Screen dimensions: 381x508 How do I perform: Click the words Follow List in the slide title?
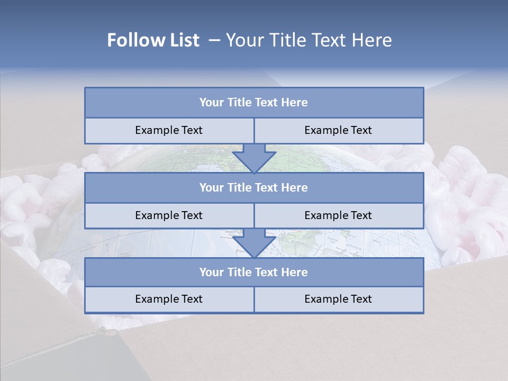pos(153,40)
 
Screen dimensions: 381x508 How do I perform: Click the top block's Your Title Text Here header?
pos(253,103)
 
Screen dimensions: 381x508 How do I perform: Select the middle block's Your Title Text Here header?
pos(253,187)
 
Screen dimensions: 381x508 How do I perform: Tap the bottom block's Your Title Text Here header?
pos(253,272)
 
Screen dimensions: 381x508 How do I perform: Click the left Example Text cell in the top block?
pos(169,130)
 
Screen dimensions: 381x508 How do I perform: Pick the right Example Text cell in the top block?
pos(338,130)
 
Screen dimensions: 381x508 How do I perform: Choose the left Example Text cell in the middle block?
pos(169,215)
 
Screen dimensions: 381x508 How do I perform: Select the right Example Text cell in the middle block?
pos(338,215)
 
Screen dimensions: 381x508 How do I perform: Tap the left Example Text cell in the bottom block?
pos(169,299)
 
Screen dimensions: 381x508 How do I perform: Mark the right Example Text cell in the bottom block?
pos(338,299)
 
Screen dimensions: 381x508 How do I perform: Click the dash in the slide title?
pos(214,40)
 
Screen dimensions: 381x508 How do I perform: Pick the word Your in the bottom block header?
pos(212,272)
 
